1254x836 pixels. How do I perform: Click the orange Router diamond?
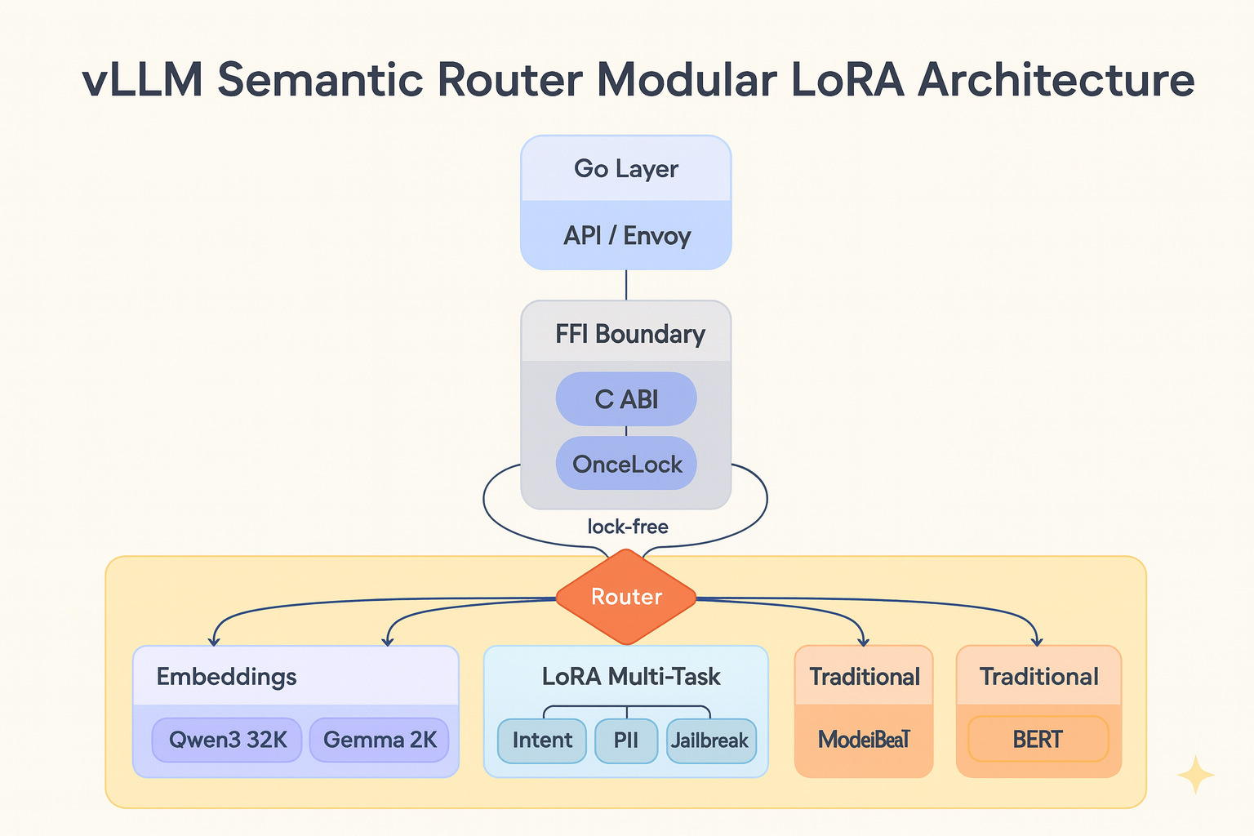click(x=626, y=597)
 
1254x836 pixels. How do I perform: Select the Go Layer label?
click(x=626, y=169)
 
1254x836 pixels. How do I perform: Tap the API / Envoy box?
click(x=626, y=236)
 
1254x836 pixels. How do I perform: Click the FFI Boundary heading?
click(x=629, y=334)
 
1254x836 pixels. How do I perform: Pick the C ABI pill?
click(x=626, y=399)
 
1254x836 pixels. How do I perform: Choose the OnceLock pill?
click(x=626, y=464)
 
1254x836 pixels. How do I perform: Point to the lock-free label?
click(x=628, y=527)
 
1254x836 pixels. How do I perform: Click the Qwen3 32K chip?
click(x=227, y=740)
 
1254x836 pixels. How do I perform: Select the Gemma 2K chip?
click(x=380, y=740)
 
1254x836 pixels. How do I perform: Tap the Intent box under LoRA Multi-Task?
click(x=542, y=740)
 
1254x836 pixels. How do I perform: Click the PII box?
click(x=626, y=740)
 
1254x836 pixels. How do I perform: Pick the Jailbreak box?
click(x=710, y=740)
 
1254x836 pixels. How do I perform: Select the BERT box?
click(x=1038, y=740)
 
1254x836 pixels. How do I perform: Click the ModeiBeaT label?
click(x=864, y=740)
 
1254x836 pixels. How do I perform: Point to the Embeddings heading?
click(x=226, y=677)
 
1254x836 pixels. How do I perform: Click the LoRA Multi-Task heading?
click(x=631, y=677)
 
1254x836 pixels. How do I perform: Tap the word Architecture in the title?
click(x=1056, y=80)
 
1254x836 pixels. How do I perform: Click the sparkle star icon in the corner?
click(x=1195, y=775)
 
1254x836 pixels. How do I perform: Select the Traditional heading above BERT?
click(x=1038, y=677)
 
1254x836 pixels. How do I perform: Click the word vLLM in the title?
click(x=144, y=80)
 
